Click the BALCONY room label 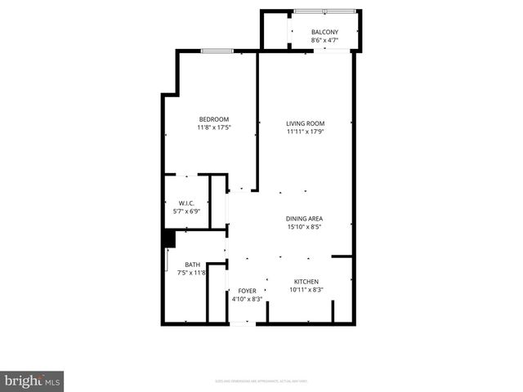324,32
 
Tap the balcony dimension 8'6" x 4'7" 324,40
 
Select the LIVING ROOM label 306,123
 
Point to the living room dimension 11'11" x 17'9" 306,131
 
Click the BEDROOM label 213,119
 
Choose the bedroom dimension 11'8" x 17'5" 213,127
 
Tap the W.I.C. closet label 186,203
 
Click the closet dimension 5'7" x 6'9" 186,211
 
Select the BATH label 192,265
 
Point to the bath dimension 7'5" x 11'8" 192,273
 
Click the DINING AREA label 305,218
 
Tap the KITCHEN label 306,282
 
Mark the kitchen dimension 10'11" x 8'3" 306,290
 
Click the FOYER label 247,291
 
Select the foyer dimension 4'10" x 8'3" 247,299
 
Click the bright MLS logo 32,381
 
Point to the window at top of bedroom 217,51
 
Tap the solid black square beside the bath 168,238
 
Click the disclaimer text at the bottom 261,381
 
